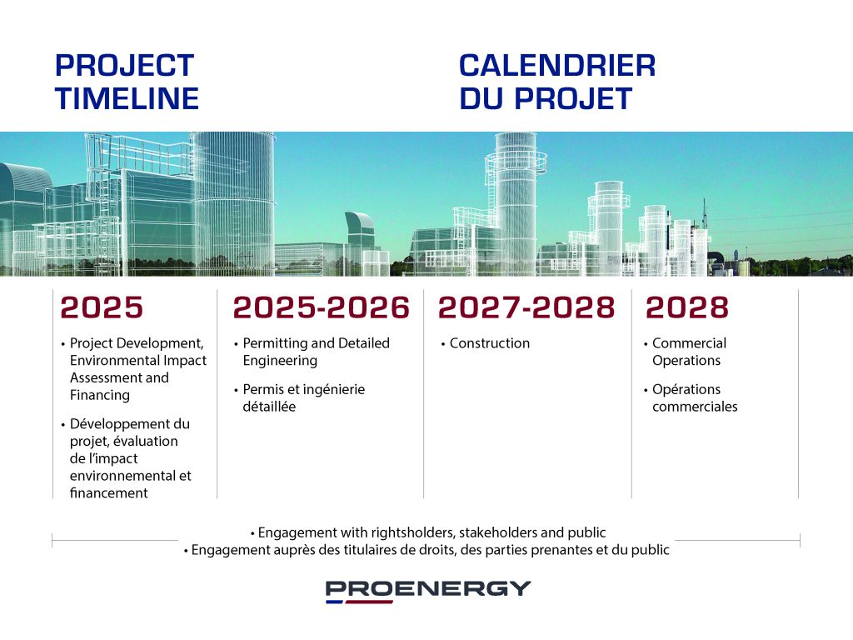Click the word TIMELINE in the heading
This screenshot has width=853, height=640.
(x=127, y=98)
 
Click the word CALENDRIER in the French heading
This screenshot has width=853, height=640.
(x=557, y=65)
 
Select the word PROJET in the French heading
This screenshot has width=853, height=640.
(x=573, y=98)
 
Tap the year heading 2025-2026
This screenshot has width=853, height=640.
(x=321, y=307)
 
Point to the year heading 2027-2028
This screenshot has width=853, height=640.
(x=526, y=307)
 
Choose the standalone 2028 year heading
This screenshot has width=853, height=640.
(x=687, y=307)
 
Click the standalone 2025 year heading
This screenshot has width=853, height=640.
(x=102, y=307)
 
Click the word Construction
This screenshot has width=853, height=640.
(x=490, y=343)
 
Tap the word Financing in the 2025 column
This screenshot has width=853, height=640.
(x=100, y=395)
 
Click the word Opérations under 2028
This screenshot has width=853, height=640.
(x=686, y=390)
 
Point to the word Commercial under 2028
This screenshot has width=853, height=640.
(x=689, y=343)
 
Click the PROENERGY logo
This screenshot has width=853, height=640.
(x=428, y=592)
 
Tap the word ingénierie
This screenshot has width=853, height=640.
(x=334, y=390)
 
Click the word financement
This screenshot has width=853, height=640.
(x=109, y=493)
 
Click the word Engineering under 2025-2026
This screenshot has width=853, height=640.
(x=280, y=361)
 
